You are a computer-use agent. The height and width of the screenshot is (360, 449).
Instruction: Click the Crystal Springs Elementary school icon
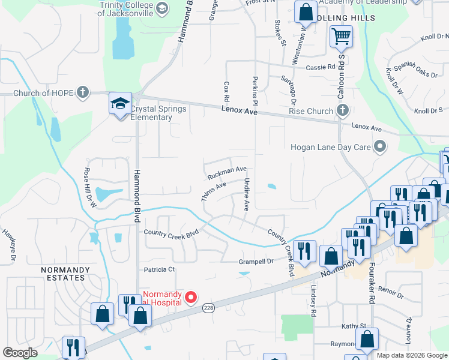120,104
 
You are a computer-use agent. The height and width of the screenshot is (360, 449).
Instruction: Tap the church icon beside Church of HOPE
83,93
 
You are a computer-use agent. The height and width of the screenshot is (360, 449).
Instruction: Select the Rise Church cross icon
342,110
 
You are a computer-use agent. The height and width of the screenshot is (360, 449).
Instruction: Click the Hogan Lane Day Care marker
379,146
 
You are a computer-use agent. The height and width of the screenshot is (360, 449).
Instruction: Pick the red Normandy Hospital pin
191,297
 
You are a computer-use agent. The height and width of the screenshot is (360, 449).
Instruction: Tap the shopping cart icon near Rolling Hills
341,37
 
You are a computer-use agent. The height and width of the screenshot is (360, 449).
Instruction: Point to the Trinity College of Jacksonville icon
161,8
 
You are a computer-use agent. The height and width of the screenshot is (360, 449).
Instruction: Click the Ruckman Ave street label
227,173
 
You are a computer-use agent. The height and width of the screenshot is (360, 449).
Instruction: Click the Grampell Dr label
256,261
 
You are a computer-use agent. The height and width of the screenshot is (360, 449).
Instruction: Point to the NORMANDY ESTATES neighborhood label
63,274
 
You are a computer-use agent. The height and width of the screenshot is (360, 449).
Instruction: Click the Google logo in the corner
20,353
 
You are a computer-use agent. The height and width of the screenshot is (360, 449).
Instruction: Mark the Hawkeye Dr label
8,246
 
